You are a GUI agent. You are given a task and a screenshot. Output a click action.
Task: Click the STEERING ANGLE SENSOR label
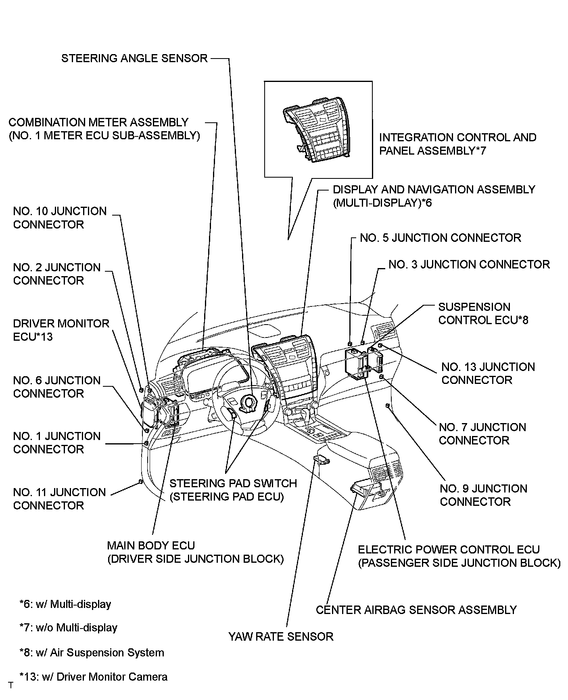point(134,59)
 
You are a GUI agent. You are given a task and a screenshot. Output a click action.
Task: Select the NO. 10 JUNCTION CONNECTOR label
point(60,218)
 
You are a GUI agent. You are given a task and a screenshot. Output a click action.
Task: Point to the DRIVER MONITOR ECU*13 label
point(61,330)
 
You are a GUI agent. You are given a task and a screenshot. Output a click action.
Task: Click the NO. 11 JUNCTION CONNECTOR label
point(59,499)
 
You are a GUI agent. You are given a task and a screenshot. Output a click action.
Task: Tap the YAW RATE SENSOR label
point(281,637)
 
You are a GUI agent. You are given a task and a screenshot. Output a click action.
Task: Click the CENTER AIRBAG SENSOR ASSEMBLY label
point(416,610)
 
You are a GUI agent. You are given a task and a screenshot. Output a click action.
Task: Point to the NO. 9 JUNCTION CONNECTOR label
point(483,495)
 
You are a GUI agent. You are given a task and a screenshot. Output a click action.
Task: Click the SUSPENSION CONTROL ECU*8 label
point(483,314)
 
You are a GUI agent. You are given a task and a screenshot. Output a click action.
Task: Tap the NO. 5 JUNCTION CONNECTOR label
point(440,238)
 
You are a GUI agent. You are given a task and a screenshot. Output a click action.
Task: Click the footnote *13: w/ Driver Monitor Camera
point(93,677)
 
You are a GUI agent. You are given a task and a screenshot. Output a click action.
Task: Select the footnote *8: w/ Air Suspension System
point(92,653)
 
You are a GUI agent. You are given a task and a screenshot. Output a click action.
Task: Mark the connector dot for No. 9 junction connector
point(387,405)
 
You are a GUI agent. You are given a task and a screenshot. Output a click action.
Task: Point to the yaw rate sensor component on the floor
point(321,459)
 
